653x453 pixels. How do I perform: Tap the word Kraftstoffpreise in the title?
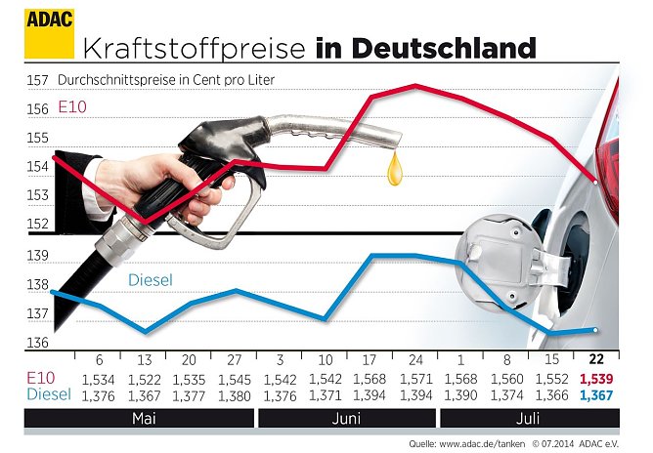click(x=196, y=48)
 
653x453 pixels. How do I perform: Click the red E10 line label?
click(x=74, y=106)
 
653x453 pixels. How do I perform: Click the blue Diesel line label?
click(x=150, y=280)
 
